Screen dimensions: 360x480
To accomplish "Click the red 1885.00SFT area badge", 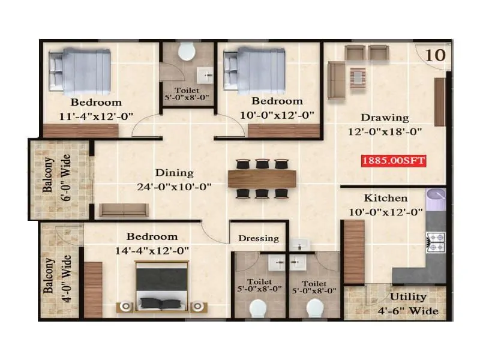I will tap(394, 160).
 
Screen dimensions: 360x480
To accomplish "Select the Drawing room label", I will tap(385, 118).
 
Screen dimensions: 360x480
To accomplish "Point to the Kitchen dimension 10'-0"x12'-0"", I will tap(386, 211).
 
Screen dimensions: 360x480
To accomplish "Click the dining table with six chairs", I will tap(262, 178).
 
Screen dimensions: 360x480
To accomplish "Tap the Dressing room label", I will tap(259, 238).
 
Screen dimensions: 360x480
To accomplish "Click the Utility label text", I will tap(408, 296).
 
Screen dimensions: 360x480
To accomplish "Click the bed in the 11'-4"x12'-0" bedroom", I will tap(80, 70).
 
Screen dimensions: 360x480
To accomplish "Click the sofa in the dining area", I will tap(123, 210).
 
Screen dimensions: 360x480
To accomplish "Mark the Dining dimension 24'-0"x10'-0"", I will tap(174, 187).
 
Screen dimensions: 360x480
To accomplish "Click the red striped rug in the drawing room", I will tap(358, 77).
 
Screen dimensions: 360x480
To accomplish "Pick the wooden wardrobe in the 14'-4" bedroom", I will tap(93, 290).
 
